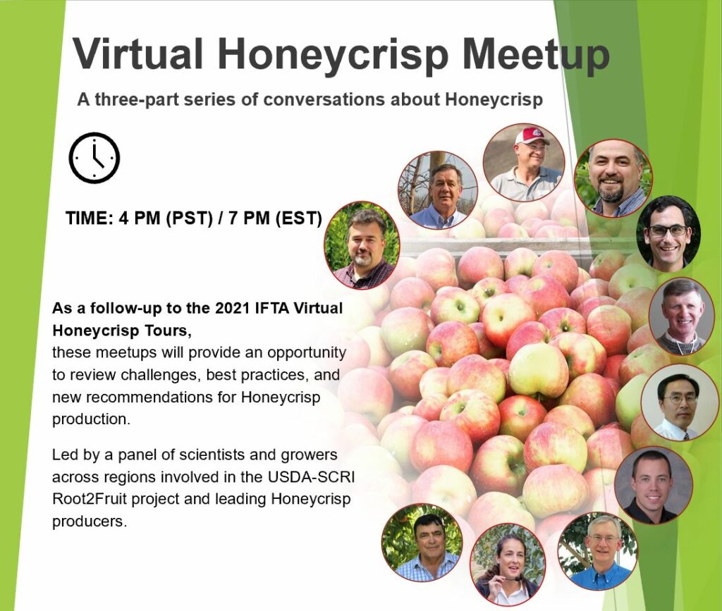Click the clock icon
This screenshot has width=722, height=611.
[94, 158]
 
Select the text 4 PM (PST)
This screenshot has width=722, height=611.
[166, 218]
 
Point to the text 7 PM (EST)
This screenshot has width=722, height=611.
[275, 218]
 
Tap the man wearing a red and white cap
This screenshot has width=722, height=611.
[524, 162]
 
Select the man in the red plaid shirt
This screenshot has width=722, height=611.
[362, 245]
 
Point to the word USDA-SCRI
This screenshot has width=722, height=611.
[311, 476]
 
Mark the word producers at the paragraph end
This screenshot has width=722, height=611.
[89, 521]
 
